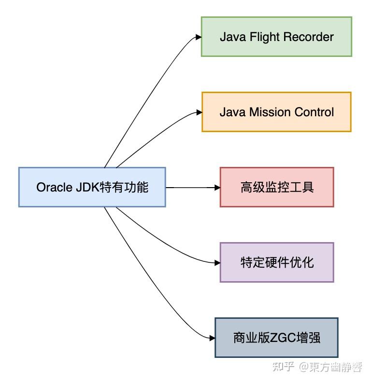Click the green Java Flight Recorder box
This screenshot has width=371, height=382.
click(x=276, y=37)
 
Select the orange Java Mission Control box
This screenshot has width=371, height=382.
click(x=276, y=112)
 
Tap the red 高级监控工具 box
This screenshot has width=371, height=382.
click(x=277, y=187)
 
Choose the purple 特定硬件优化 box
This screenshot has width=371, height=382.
click(x=277, y=262)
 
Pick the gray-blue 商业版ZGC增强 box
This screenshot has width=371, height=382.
click(x=276, y=338)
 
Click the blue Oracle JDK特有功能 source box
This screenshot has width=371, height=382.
click(x=92, y=187)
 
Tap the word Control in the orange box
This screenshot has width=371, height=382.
click(x=312, y=112)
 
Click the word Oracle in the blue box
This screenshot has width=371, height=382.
click(x=54, y=188)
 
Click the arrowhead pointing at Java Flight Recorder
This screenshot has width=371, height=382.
click(x=198, y=37)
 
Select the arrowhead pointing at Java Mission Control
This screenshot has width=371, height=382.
click(x=199, y=112)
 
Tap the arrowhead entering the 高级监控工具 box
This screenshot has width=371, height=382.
click(x=217, y=187)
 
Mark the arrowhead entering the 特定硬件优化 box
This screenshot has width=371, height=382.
click(x=217, y=263)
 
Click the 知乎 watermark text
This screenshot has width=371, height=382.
click(x=283, y=367)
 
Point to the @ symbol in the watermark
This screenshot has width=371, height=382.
click(x=304, y=368)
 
